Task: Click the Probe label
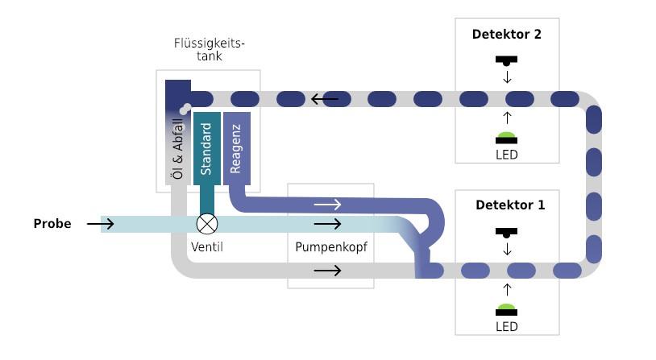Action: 52,224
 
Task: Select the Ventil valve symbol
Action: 207,223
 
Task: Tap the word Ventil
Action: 207,247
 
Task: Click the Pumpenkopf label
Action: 331,247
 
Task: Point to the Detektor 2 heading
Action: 507,35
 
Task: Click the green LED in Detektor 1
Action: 507,308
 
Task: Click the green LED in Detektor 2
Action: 507,135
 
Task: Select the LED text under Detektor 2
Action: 507,154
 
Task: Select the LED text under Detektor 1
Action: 507,326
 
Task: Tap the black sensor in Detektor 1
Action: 507,232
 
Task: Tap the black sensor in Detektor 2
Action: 507,60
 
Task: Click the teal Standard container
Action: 206,149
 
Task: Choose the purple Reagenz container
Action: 237,149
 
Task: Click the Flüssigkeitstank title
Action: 209,49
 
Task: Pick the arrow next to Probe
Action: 101,223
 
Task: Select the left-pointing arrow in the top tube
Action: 325,100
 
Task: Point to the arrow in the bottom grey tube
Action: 327,271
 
